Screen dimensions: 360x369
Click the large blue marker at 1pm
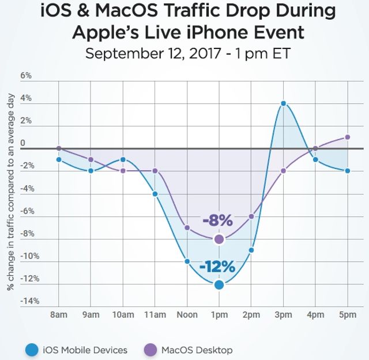(219, 284)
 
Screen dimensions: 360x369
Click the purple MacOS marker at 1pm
(219, 239)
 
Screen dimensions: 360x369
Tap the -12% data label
(217, 267)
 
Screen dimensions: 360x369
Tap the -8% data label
(217, 220)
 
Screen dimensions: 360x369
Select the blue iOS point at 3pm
(283, 103)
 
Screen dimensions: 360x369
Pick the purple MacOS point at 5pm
(347, 137)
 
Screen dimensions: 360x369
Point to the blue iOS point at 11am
(155, 194)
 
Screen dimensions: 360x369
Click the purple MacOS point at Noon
(187, 227)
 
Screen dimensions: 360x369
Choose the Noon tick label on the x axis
(187, 315)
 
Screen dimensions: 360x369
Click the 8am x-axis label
(59, 315)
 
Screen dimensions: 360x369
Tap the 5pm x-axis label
(347, 315)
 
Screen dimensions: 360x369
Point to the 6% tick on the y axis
(26, 76)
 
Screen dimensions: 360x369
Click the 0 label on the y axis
(23, 143)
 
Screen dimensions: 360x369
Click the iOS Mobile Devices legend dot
(31, 350)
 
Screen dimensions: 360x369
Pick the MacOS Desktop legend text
(197, 350)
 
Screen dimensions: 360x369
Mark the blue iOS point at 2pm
(251, 250)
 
